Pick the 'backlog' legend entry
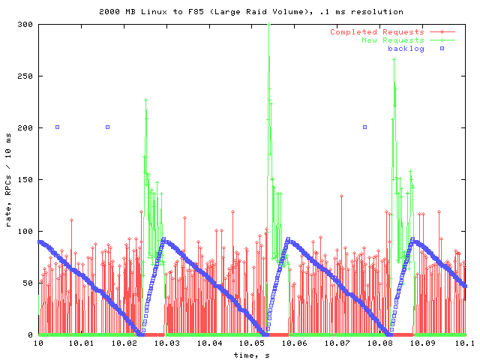pyautogui.click(x=406, y=49)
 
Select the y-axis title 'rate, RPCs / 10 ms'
pyautogui.click(x=8, y=180)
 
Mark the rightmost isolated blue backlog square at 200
pyautogui.click(x=364, y=127)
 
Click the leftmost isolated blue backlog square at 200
pyautogui.click(x=57, y=127)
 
